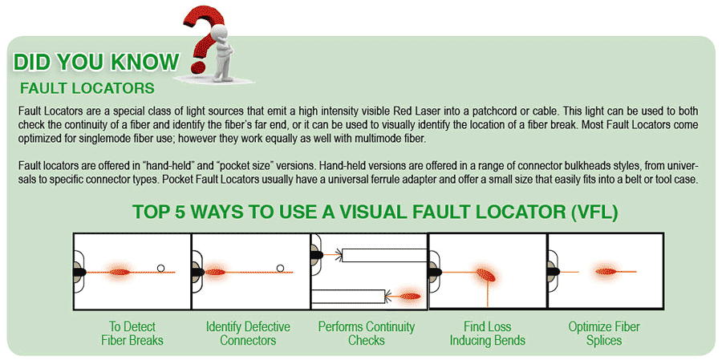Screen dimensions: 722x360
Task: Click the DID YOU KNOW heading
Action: [95, 63]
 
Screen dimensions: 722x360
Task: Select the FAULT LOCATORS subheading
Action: [87, 88]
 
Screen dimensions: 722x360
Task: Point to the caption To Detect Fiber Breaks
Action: [132, 334]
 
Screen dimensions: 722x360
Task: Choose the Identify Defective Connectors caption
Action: [248, 334]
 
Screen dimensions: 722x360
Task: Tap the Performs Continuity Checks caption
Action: [367, 334]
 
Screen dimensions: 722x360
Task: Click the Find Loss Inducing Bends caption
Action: [488, 334]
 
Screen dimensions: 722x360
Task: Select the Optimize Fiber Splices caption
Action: [604, 334]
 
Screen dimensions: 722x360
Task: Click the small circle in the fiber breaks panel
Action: [160, 268]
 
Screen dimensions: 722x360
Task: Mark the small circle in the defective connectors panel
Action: [280, 268]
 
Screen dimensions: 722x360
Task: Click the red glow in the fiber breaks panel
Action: [120, 272]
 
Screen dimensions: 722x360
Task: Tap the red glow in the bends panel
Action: [486, 275]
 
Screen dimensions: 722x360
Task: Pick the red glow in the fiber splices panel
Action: [607, 272]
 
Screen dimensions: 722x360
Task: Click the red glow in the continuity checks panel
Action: [409, 296]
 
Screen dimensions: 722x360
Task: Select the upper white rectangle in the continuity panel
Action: [385, 255]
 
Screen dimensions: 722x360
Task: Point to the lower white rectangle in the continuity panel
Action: [348, 296]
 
